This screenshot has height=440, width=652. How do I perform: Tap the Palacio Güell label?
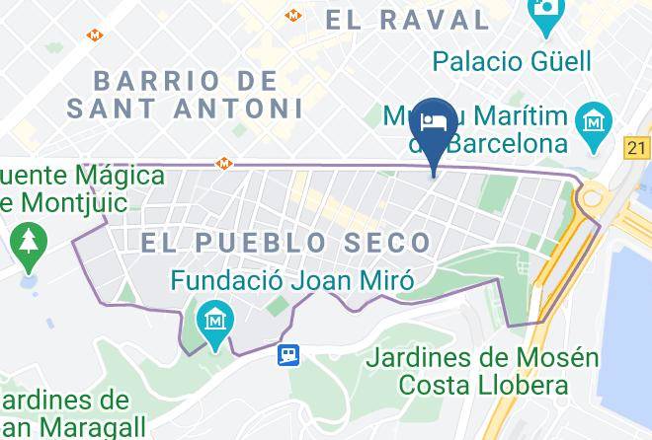click(x=511, y=61)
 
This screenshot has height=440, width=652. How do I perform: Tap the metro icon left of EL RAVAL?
click(x=292, y=15)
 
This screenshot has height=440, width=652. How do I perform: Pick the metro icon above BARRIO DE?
click(x=95, y=35)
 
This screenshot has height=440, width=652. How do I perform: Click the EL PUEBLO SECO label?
click(x=286, y=242)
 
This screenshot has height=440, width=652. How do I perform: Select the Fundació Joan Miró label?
click(x=291, y=280)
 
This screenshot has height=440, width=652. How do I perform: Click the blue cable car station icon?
click(x=287, y=353)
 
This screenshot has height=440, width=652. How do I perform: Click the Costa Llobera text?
click(x=482, y=385)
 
